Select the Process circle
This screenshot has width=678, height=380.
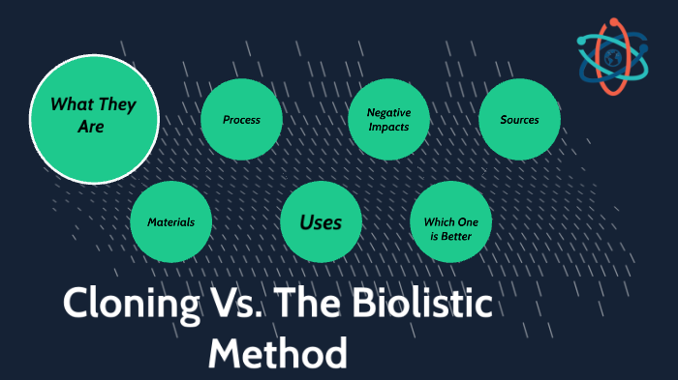pos(241,120)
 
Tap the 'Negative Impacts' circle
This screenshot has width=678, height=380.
pos(387,120)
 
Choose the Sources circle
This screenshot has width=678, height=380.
pos(519,120)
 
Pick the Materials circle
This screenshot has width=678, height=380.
pos(170,221)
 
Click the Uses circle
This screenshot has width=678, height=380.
pos(321,221)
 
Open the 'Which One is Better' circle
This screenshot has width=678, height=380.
pos(451,221)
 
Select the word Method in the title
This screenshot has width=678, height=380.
pos(278,352)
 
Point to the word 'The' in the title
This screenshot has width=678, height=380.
pos(302,306)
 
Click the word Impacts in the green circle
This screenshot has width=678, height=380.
pos(388,127)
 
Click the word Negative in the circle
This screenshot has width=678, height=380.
pos(388,112)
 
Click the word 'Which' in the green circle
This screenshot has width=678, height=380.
pos(440,215)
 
